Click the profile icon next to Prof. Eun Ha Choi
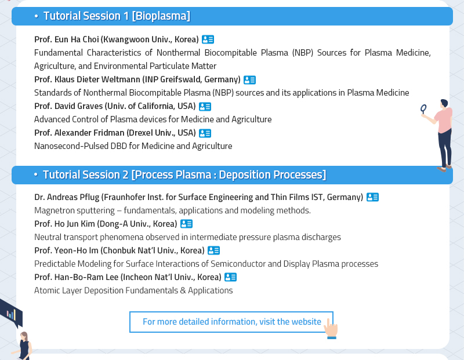click(x=208, y=39)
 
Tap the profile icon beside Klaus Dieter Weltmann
click(x=249, y=79)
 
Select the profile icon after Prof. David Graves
click(x=205, y=106)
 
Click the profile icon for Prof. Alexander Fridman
click(x=205, y=133)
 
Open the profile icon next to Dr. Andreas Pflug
click(x=372, y=197)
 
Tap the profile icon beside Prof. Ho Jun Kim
click(x=186, y=224)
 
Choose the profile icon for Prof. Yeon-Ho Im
click(x=213, y=250)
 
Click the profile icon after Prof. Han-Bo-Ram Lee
click(x=230, y=277)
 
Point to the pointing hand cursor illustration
click(x=331, y=328)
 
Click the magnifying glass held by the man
click(x=424, y=109)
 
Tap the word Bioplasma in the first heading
click(x=161, y=16)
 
